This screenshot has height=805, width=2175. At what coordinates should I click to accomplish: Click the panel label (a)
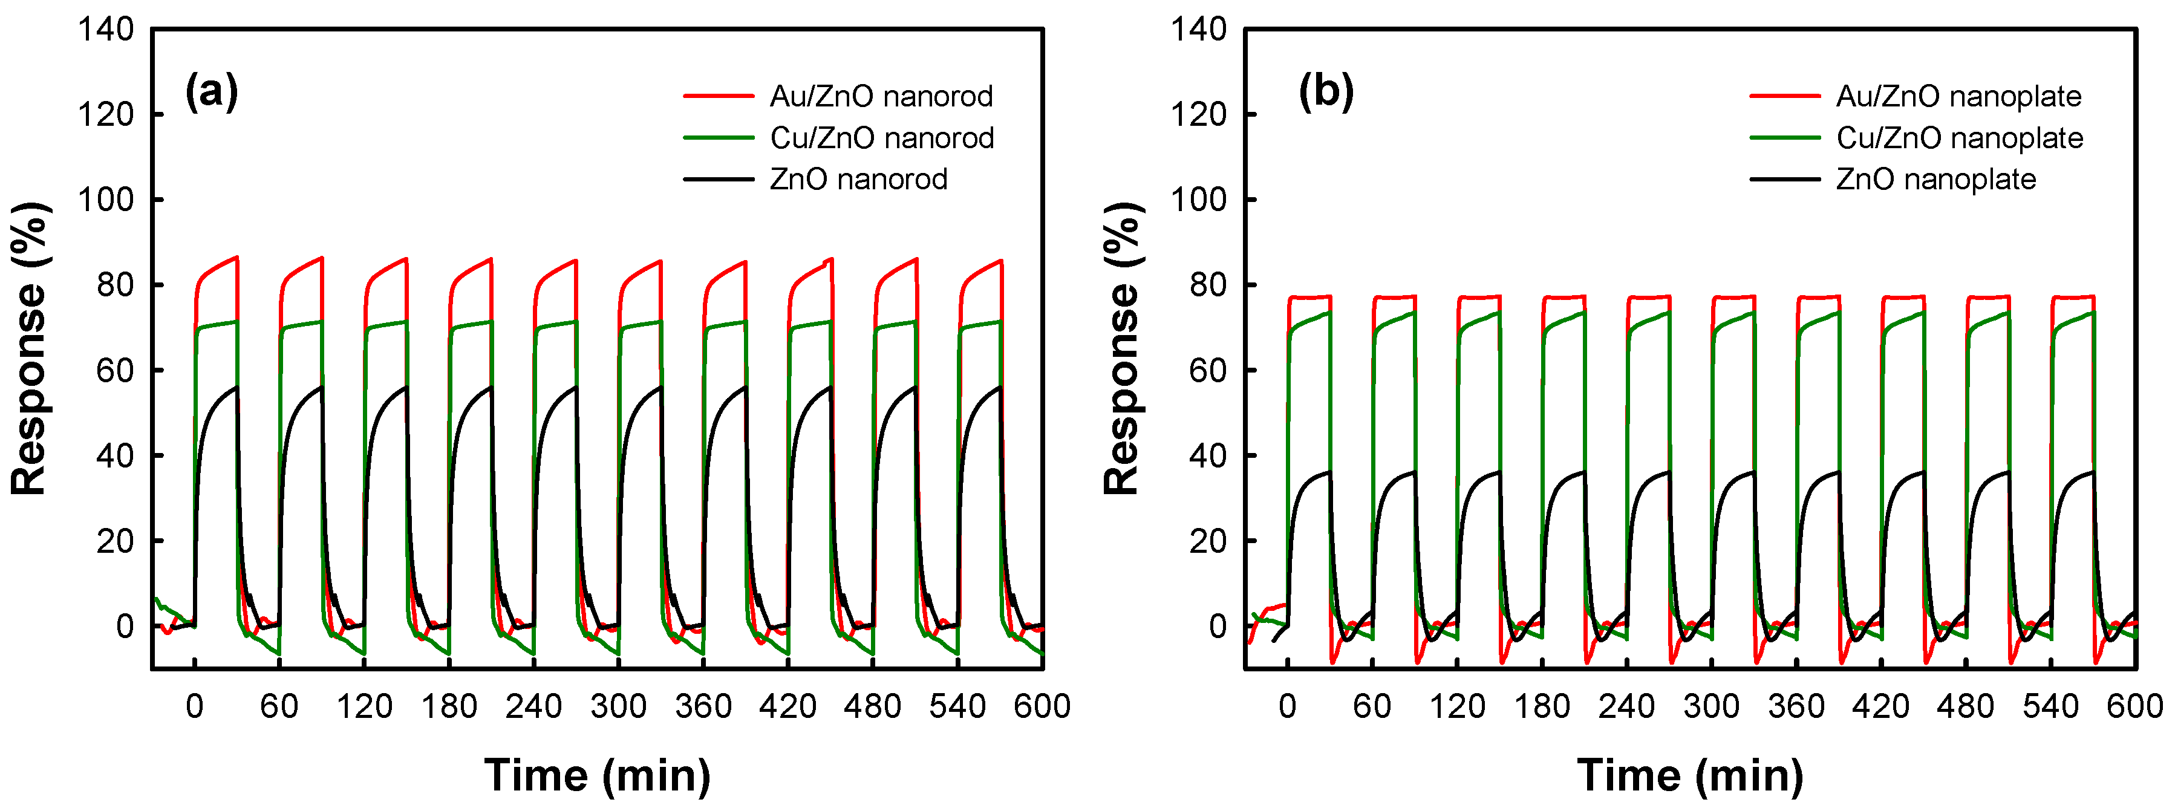coord(211,91)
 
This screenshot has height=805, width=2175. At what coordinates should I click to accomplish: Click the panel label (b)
coord(1326,91)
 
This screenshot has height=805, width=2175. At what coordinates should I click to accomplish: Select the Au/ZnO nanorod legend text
coord(881,96)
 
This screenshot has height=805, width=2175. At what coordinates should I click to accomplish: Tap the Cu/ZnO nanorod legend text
coord(881,138)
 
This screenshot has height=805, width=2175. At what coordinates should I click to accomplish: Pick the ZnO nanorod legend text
coord(858,179)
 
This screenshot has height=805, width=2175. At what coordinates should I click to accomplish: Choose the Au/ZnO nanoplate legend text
coord(1958,96)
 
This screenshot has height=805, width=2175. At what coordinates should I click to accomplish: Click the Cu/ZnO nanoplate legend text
coord(1959,138)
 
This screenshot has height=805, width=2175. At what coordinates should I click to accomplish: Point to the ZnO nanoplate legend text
coord(1935,179)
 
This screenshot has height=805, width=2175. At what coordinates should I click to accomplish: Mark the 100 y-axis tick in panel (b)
coord(1198,200)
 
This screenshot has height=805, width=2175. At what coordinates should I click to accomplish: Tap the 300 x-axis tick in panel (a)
coord(618,706)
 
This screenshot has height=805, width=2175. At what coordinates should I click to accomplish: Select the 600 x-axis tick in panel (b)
coord(2134,706)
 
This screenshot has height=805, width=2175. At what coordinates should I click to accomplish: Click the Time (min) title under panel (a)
coord(597,775)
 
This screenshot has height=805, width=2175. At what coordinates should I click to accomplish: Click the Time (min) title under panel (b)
coord(1689,775)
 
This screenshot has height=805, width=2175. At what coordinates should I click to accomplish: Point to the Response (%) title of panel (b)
coord(1123,348)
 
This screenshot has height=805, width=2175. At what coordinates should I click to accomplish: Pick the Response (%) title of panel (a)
coord(30,348)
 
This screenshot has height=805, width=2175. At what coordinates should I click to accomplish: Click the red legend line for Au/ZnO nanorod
coord(718,96)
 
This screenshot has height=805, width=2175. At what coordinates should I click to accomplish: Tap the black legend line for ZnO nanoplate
coord(1784,179)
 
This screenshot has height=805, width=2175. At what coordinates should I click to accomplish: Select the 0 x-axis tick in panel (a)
coord(194,706)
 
